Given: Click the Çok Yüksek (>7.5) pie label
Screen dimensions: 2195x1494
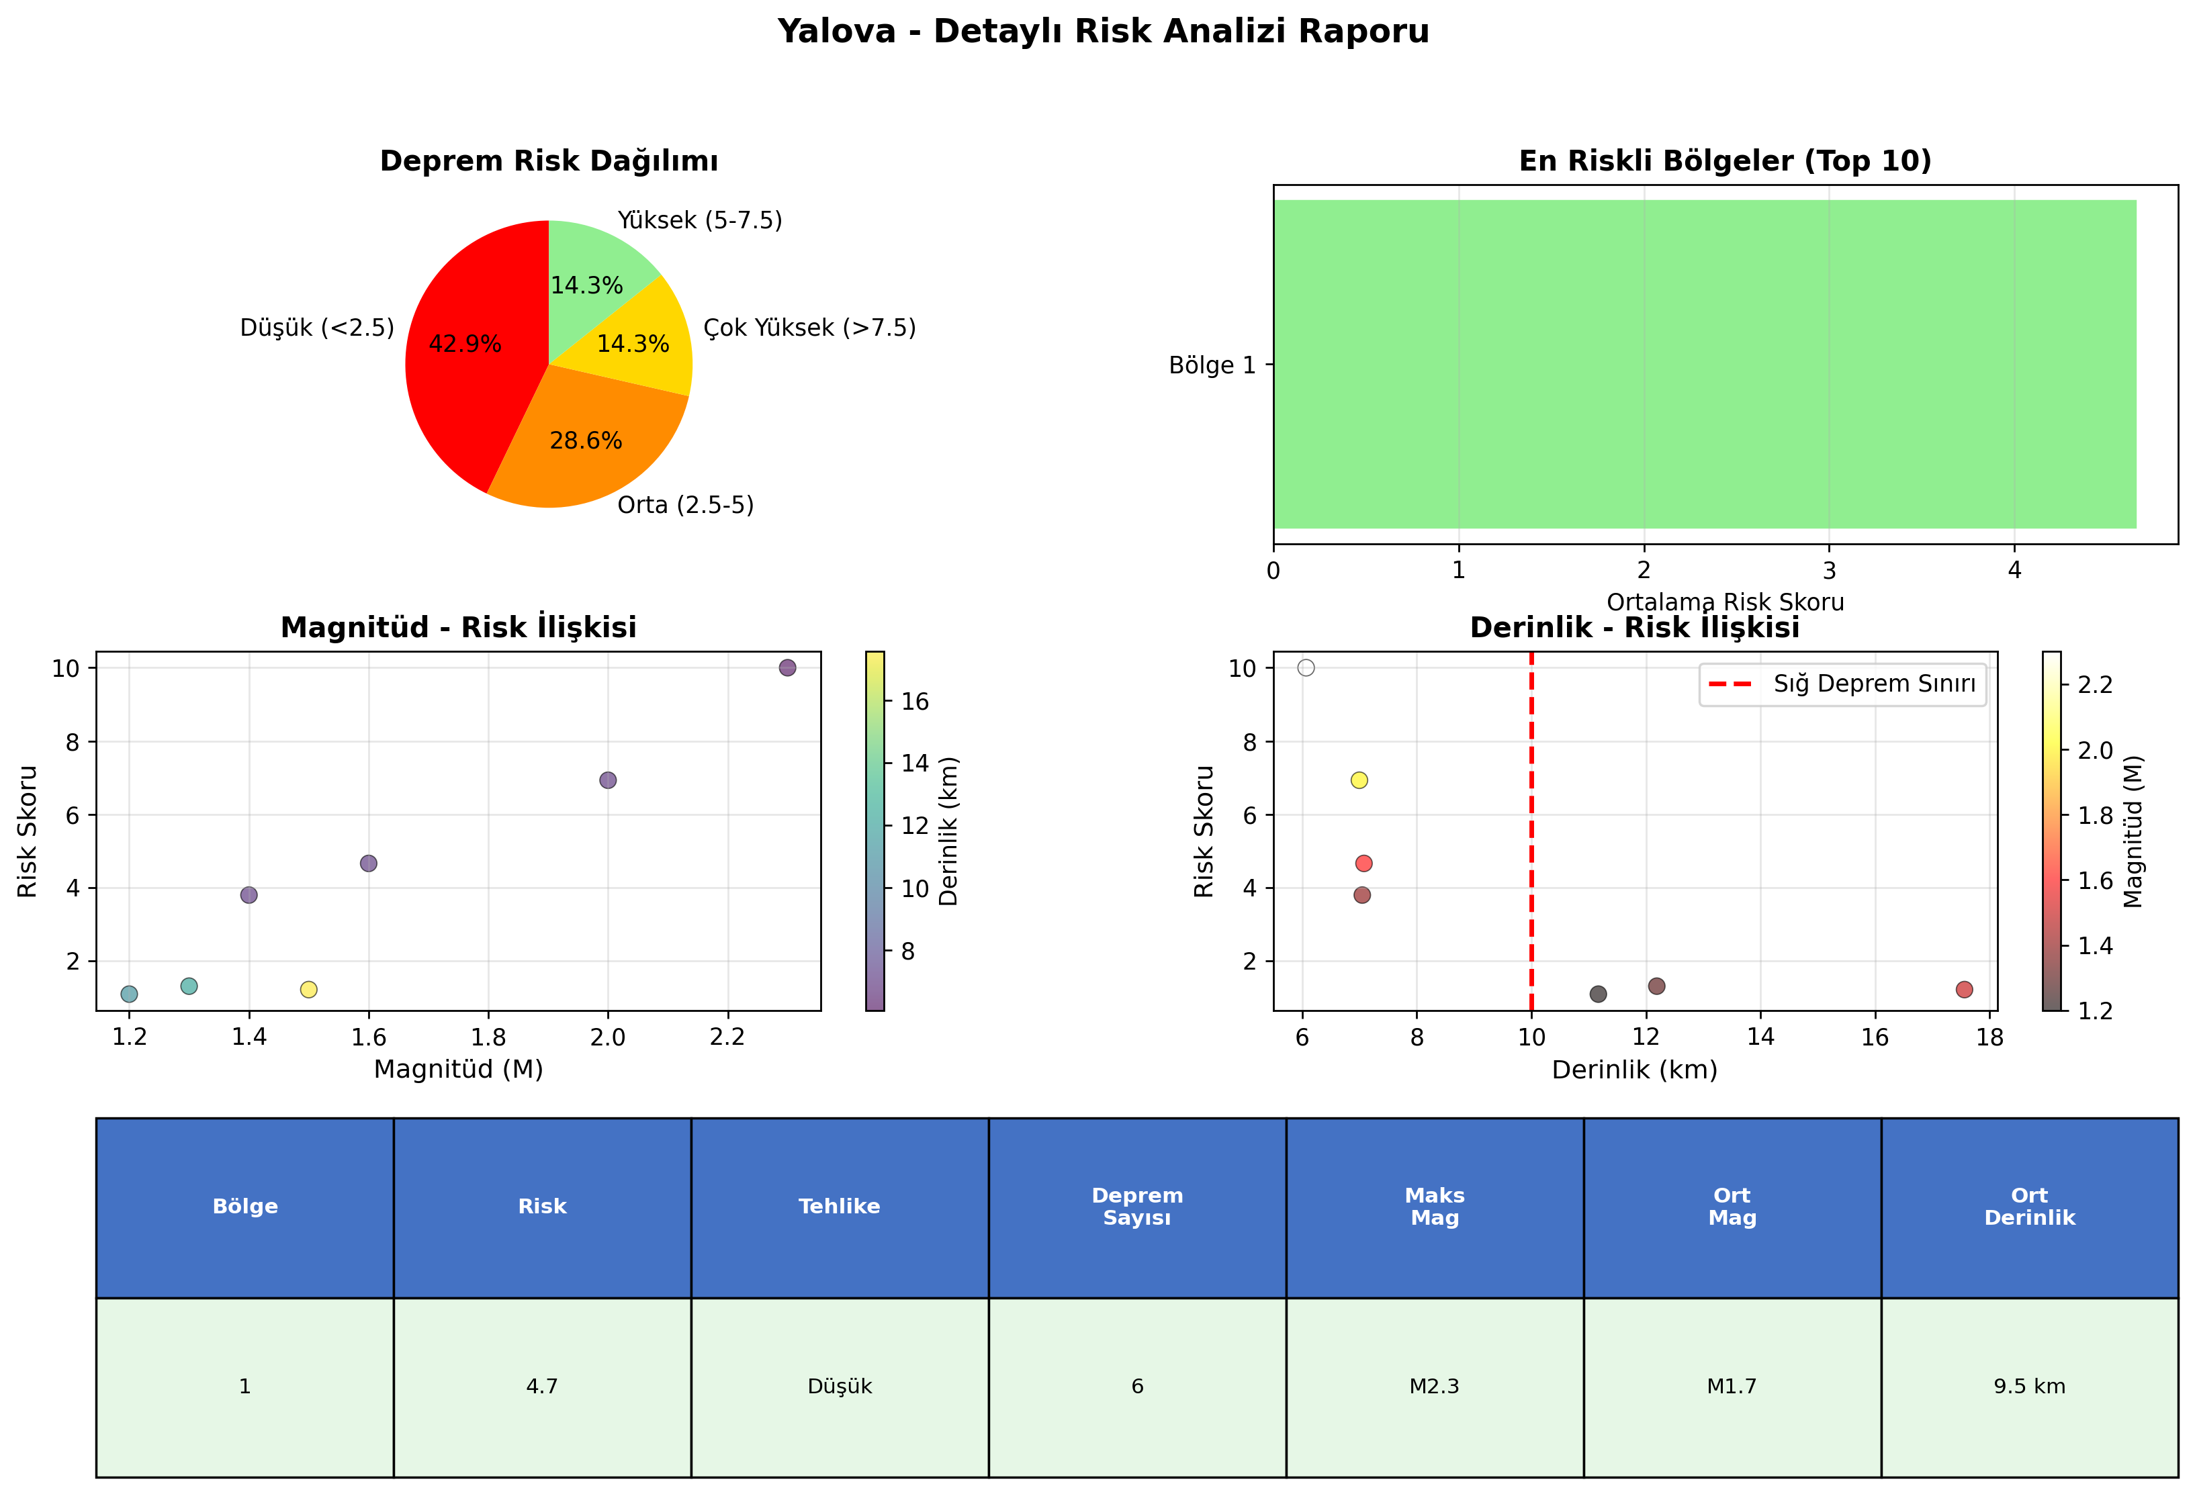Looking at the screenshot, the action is [x=809, y=328].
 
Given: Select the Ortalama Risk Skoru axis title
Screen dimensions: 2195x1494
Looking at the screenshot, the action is [x=1725, y=602].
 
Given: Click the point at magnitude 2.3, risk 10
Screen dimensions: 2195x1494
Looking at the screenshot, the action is [x=787, y=667].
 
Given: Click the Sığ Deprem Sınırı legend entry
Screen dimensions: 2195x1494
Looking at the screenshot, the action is [x=1842, y=684].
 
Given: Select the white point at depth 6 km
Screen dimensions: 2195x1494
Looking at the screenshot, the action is [x=1306, y=667].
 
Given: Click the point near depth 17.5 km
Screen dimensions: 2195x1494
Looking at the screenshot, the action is [x=1965, y=990].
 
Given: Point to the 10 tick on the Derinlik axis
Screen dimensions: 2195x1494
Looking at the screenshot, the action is [x=1531, y=1037].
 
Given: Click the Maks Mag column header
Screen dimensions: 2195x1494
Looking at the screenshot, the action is [x=1435, y=1207].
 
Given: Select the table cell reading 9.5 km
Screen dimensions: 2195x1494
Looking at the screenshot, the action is [x=2030, y=1387].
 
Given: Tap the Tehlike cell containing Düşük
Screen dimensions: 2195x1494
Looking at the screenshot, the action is [x=840, y=1387].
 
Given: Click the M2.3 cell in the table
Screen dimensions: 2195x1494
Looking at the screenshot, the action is [x=1435, y=1387].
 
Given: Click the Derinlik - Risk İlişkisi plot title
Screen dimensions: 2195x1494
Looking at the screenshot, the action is [x=1635, y=627].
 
